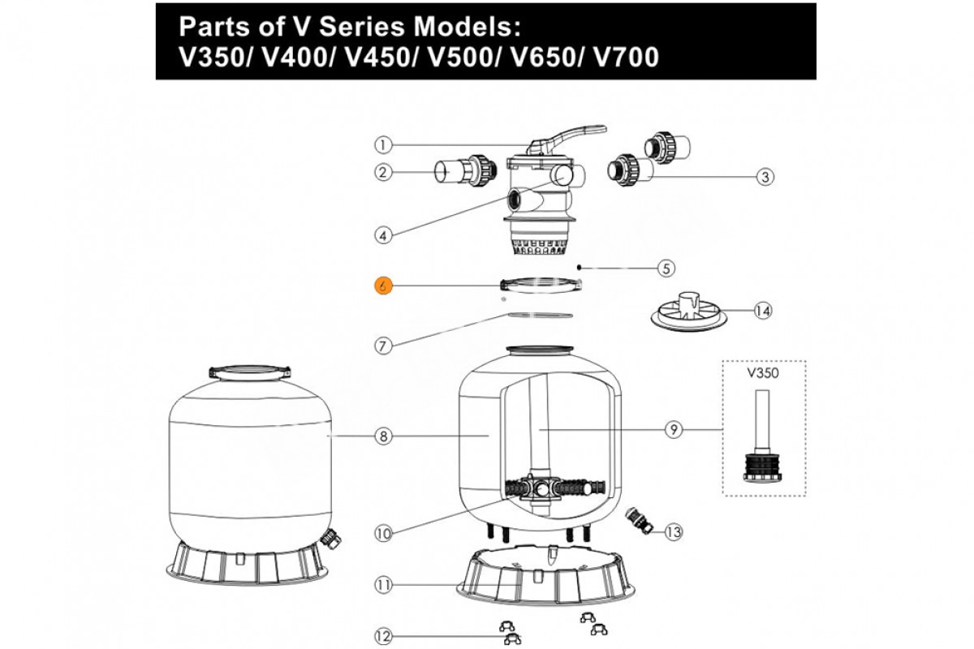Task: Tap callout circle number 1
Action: point(383,146)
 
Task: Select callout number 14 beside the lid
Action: point(763,310)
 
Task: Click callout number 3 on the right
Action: point(763,176)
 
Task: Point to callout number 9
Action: point(673,430)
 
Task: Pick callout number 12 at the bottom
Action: point(383,634)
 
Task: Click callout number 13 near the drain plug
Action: point(674,532)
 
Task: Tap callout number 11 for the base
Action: point(383,584)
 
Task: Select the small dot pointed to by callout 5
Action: point(576,266)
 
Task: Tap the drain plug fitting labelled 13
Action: point(639,519)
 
